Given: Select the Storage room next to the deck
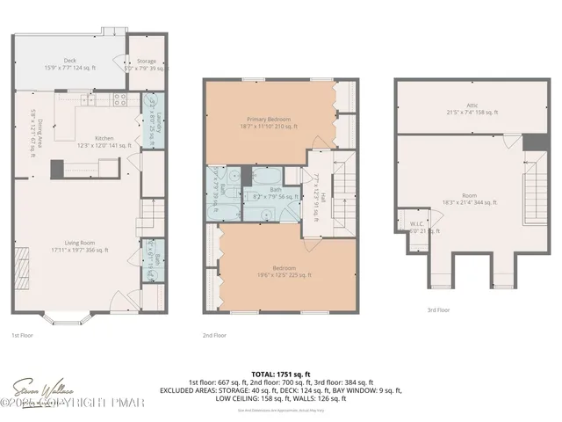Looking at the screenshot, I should point(146,64).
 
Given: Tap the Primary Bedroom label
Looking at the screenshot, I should point(268,122).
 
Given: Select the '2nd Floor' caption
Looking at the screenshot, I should point(214,334).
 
